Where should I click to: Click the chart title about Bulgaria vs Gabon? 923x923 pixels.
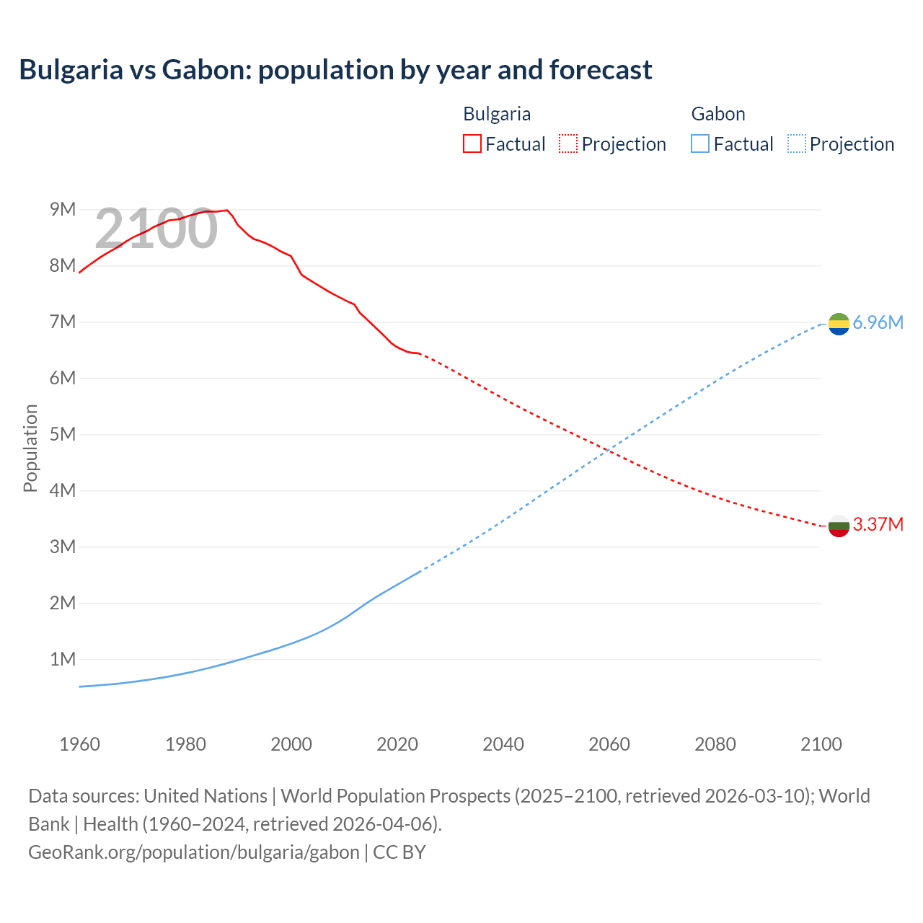coord(335,70)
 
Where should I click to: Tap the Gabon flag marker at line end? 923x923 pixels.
coord(839,324)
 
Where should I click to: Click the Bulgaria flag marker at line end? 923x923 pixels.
coord(839,526)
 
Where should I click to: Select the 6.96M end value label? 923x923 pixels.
coord(878,322)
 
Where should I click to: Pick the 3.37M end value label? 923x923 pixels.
coord(878,524)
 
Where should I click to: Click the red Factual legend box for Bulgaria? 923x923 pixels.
coord(472,143)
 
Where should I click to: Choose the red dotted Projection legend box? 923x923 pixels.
coord(568,143)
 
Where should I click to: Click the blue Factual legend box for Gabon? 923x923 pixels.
coord(700,143)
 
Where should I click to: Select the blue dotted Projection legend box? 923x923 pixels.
coord(797,143)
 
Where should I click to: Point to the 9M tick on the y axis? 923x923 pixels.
coord(63,209)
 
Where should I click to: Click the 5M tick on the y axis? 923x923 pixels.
coord(63,434)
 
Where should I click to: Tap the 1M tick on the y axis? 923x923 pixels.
coord(63,659)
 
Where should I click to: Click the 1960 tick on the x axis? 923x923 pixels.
coord(79,744)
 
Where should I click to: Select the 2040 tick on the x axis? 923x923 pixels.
coord(503,744)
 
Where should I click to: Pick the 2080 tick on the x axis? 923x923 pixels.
coord(715,744)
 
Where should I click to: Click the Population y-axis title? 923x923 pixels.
coord(30,448)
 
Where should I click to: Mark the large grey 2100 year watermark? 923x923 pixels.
coord(156,229)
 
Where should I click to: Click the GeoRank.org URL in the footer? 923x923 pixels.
coord(193,852)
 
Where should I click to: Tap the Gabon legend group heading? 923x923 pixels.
coord(718,114)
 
